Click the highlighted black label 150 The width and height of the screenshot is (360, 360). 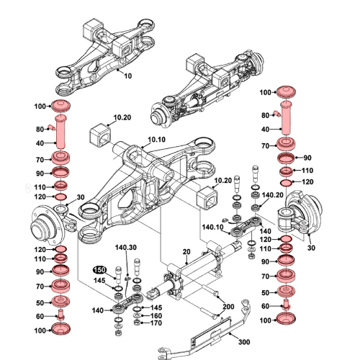tap(99, 269)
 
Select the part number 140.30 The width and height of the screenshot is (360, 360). tap(126, 247)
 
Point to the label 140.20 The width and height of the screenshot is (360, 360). tap(272, 195)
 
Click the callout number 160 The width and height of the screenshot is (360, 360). tap(156, 316)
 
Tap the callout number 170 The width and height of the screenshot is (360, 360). tap(156, 325)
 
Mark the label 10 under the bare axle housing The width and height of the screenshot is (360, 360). tap(128, 75)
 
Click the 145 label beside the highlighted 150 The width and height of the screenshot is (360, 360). tap(99, 280)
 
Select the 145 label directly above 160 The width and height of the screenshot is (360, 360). tap(156, 307)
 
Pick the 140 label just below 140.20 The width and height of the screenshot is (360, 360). tap(265, 211)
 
